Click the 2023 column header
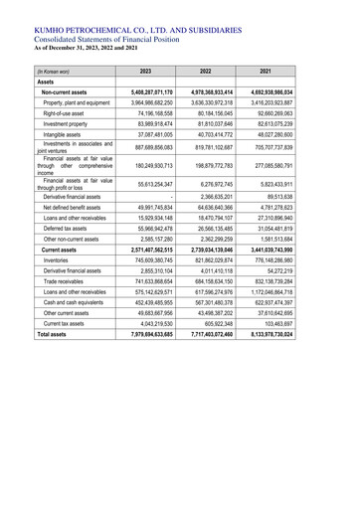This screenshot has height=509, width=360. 146,72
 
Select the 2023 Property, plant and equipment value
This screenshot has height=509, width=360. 145,102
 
